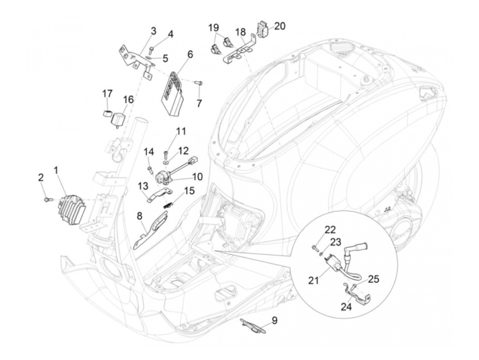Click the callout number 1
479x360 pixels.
[x=56, y=170]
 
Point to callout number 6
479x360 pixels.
[x=190, y=54]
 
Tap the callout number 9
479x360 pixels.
[x=275, y=321]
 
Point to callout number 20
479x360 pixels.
[x=280, y=26]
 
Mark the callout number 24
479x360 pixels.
[x=346, y=306]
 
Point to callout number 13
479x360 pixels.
[x=143, y=186]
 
